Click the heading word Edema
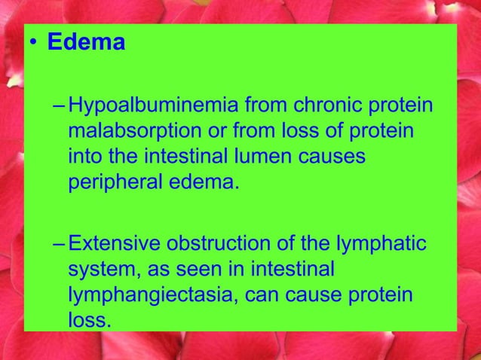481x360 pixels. tap(86, 42)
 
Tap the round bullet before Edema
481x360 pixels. tap(32, 44)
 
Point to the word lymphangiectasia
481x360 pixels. tap(154, 294)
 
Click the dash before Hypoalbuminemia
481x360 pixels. tap(60, 106)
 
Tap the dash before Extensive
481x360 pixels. tap(60, 244)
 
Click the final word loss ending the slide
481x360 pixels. tap(87, 319)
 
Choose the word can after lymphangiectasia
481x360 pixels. tap(266, 294)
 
